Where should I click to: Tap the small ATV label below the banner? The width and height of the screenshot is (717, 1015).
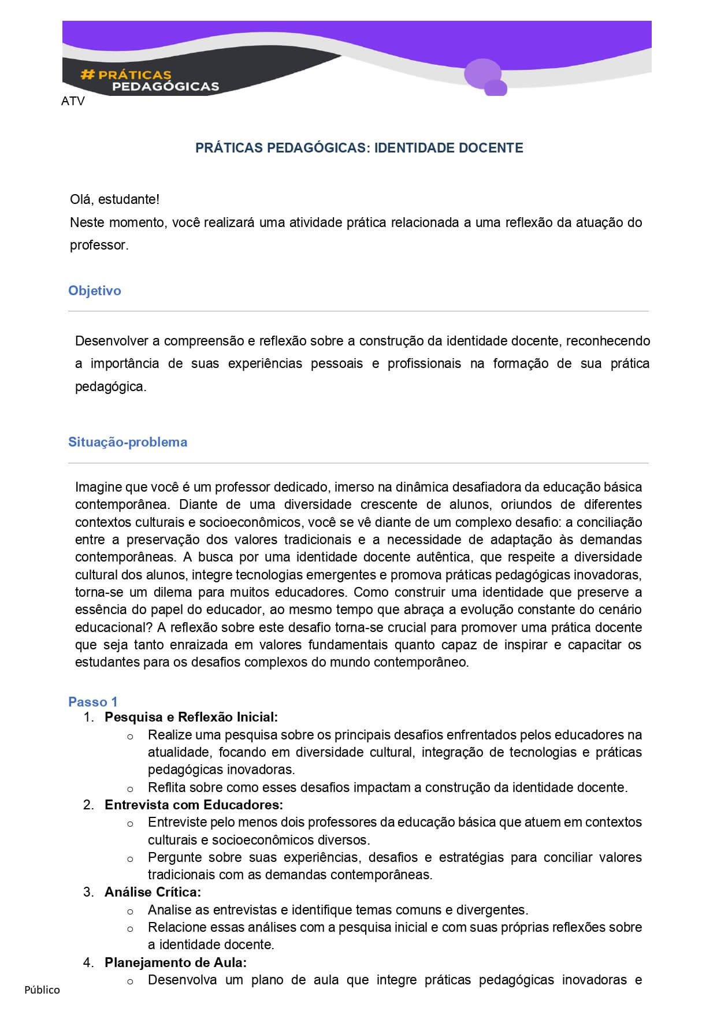point(73,101)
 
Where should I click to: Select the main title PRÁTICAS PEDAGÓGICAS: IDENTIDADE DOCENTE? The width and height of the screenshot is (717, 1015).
point(359,148)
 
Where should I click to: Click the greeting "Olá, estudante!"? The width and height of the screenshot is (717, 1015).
point(114,199)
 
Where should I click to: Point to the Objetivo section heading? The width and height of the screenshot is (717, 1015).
point(95,291)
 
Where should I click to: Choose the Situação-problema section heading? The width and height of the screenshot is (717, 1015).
point(128,442)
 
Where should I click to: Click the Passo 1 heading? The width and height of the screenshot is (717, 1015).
point(93,702)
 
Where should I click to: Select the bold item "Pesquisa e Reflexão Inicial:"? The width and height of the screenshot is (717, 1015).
point(191,717)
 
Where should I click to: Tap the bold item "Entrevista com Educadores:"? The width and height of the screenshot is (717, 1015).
point(194,804)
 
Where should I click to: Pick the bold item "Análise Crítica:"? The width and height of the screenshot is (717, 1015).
point(153,892)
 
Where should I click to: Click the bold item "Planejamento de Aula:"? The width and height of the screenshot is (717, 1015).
point(176,962)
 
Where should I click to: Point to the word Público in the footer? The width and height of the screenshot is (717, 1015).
point(42,990)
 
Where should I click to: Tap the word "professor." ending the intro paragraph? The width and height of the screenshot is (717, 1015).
point(99,245)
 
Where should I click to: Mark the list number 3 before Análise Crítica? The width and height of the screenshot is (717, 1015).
point(88,892)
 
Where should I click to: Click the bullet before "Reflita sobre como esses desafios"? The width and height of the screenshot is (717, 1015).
point(130,789)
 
